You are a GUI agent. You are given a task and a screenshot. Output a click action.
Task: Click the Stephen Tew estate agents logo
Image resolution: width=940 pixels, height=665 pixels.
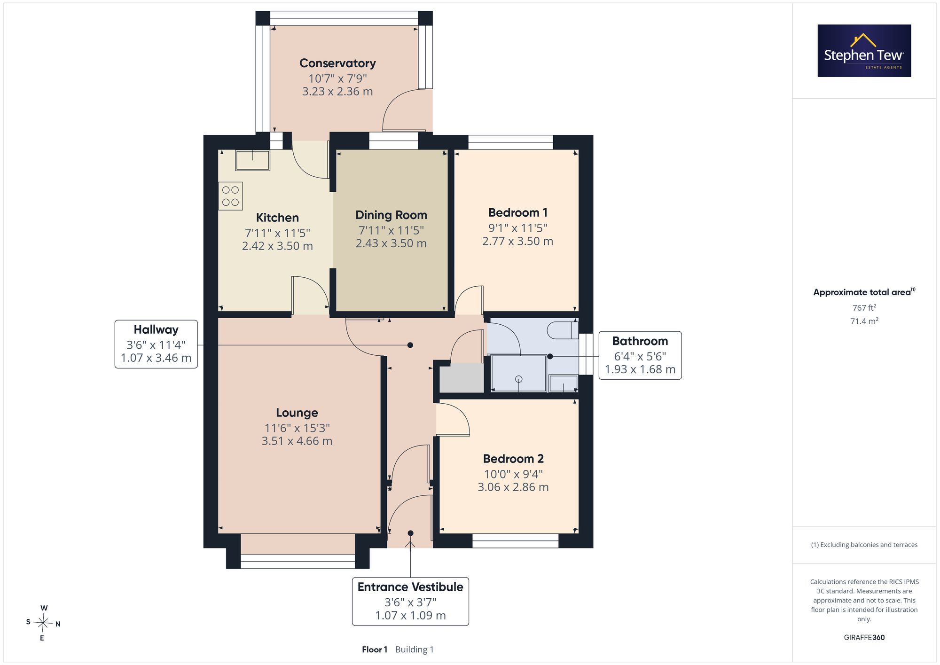point(864,51)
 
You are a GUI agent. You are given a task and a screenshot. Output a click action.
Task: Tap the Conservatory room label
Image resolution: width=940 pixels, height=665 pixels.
point(337,63)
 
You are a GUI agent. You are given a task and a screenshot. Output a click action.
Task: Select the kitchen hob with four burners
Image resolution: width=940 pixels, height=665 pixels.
point(230,196)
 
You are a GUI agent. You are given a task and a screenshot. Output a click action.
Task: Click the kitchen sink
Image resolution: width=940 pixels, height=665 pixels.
point(253,160)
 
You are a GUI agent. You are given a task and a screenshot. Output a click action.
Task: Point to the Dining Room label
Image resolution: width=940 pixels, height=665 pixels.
point(391,215)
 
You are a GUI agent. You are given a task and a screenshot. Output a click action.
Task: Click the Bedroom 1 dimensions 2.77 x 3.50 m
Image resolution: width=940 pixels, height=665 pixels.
point(517,241)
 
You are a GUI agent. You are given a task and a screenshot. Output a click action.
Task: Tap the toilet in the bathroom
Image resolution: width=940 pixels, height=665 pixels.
point(563,329)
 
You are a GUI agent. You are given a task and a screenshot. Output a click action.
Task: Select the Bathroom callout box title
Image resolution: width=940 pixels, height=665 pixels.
point(640,341)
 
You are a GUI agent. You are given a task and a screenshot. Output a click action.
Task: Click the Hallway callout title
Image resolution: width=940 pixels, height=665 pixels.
point(156,329)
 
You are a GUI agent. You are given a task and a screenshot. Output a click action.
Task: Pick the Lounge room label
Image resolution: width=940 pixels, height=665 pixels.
point(297,413)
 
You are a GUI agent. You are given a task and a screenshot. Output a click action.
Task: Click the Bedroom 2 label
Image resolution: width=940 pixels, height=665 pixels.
point(513,459)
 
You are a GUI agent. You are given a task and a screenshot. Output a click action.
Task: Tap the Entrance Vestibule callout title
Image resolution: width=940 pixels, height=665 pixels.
point(410,587)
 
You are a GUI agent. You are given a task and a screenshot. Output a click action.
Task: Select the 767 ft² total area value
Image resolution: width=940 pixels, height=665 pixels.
point(864,308)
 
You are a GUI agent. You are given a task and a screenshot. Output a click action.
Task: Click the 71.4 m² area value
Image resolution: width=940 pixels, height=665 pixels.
point(864,321)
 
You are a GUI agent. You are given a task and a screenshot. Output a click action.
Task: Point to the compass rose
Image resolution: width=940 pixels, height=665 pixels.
point(43,623)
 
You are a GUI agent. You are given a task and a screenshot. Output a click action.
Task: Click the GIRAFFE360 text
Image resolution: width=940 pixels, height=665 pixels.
point(864,638)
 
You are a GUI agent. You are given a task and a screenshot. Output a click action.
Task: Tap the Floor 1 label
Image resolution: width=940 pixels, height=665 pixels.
point(375,649)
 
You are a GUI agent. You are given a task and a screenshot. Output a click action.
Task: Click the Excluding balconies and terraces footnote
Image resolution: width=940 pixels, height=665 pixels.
point(864,545)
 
